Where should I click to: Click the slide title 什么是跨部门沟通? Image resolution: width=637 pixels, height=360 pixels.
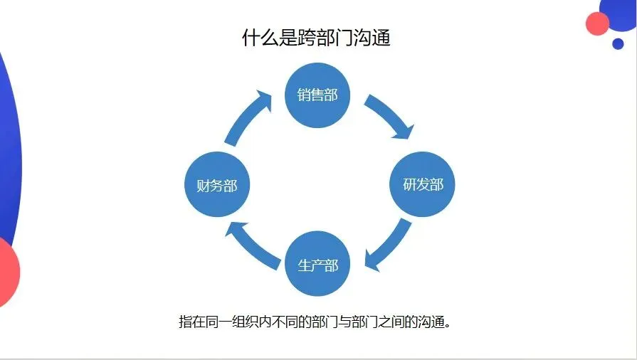(x=317, y=38)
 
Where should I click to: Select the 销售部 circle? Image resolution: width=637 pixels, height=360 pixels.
(x=317, y=94)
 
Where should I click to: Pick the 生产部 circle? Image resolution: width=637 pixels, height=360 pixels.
(x=317, y=265)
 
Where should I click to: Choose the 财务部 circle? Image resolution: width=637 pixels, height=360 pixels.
(x=216, y=186)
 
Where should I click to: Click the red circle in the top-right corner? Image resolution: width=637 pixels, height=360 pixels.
(x=598, y=23)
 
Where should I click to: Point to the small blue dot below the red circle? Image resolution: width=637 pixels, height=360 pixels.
(x=618, y=44)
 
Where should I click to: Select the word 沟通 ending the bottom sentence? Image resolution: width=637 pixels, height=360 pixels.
(x=429, y=322)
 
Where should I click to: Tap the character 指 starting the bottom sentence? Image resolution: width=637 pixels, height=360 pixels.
(x=185, y=322)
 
